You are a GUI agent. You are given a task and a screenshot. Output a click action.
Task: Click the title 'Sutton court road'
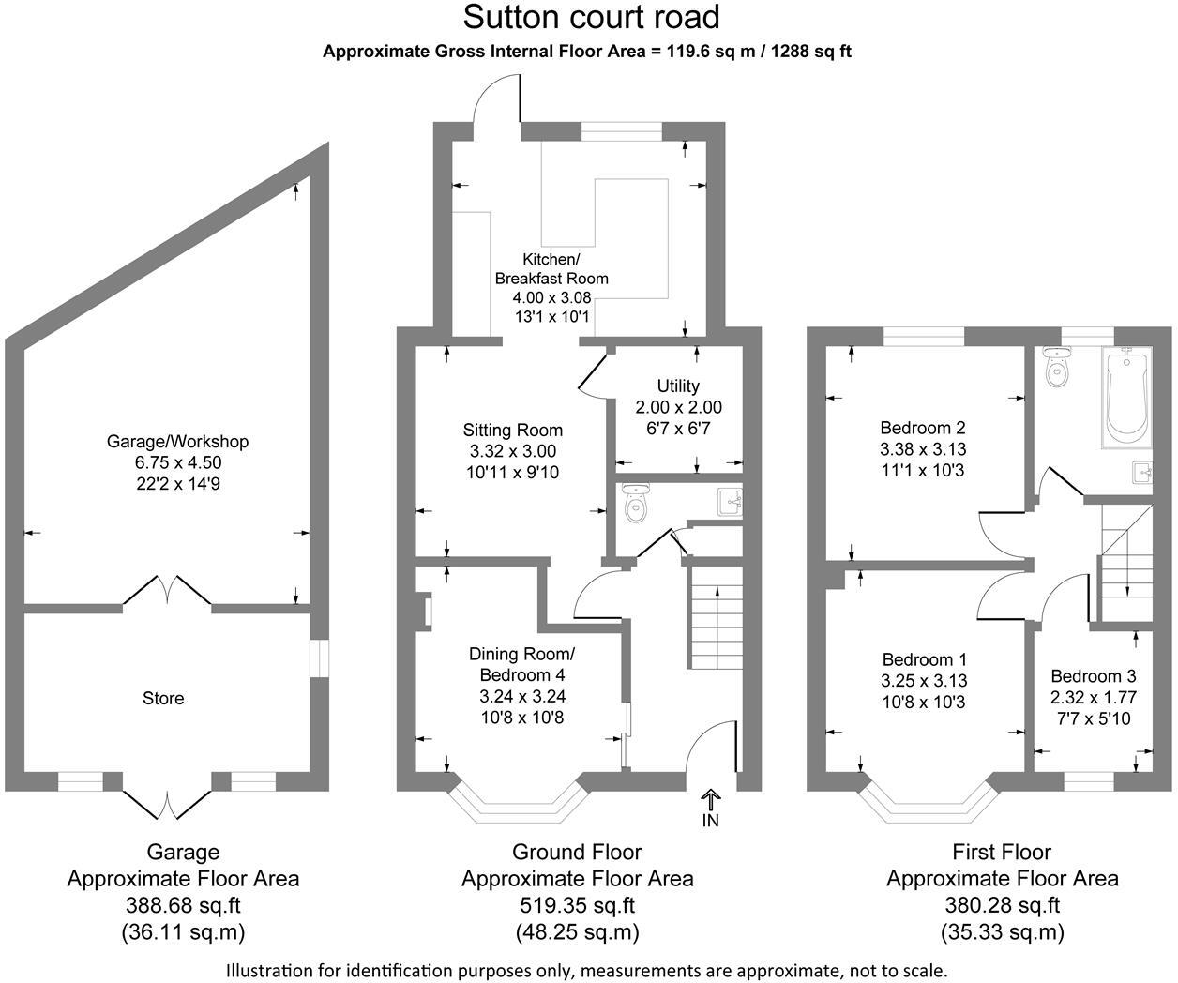tap(592, 17)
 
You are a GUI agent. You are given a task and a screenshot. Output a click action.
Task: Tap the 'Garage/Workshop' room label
tap(177, 441)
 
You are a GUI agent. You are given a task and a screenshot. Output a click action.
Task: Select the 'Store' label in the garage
tap(163, 698)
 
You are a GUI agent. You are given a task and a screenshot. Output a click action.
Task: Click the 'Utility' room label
tap(678, 386)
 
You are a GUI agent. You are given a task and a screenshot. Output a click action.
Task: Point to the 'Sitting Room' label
tap(513, 431)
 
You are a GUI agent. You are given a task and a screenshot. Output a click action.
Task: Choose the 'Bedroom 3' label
tap(1093, 676)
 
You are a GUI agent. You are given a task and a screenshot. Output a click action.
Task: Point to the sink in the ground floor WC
tap(730, 502)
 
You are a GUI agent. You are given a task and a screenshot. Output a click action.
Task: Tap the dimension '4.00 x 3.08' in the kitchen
tap(551, 297)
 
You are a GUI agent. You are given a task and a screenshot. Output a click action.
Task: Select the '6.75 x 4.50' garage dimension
tap(177, 462)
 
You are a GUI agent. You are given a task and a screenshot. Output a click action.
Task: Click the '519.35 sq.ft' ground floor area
tap(577, 906)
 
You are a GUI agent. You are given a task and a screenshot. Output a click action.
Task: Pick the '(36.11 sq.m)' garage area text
tap(183, 932)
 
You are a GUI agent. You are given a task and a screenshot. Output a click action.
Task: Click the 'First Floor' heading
tap(1002, 852)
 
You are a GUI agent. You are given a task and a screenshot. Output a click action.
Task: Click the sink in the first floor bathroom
tap(1141, 471)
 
